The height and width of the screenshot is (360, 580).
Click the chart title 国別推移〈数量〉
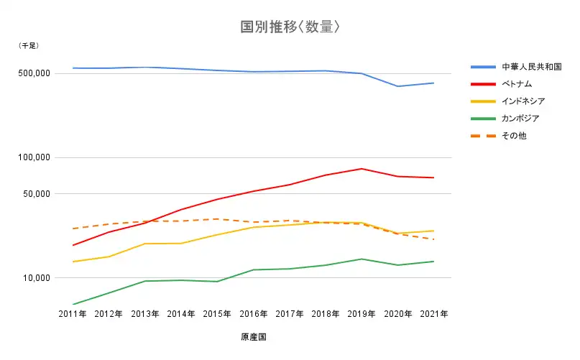click(289, 27)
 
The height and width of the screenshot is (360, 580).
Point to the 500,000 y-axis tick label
click(34, 73)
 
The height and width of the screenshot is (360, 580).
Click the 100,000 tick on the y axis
click(34, 157)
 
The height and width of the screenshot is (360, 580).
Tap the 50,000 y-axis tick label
click(36, 193)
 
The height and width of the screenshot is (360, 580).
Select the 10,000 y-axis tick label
click(36, 278)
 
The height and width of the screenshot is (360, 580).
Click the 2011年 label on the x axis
click(73, 314)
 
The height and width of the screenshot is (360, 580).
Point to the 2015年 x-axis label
click(217, 314)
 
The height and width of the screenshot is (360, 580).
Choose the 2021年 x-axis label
click(433, 314)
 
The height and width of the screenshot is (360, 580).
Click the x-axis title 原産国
click(254, 336)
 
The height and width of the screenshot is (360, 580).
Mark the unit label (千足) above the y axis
click(29, 45)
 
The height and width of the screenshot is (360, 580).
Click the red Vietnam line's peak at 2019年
click(362, 169)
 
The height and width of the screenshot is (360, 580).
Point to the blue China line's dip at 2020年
click(397, 86)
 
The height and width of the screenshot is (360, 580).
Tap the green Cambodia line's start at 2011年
click(73, 304)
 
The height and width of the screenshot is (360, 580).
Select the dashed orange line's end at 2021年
click(433, 239)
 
